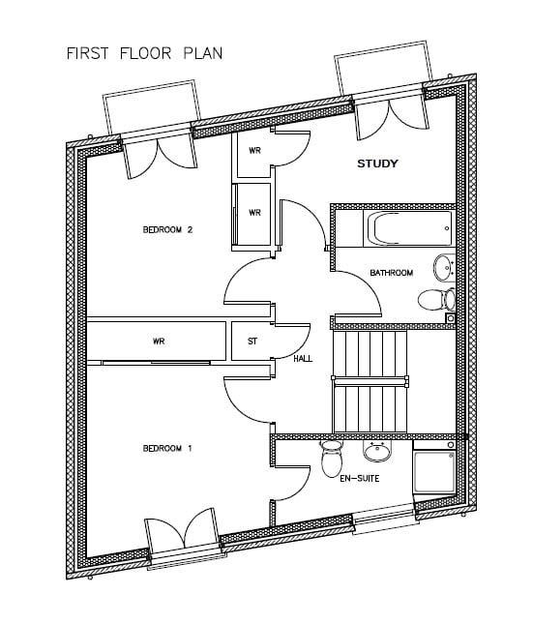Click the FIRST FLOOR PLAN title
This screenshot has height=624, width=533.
tap(144, 53)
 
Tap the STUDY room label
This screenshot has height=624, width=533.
tap(377, 163)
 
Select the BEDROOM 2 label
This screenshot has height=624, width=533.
tap(167, 229)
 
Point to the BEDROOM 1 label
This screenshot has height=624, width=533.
tap(167, 449)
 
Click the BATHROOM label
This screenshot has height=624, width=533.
tap(392, 273)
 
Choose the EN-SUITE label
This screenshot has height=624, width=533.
tap(360, 478)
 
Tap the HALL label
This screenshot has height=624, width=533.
tap(303, 359)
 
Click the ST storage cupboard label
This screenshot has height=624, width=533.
tap(252, 342)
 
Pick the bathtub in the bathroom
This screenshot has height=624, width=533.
tap(409, 229)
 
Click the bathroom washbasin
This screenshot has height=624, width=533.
tap(444, 268)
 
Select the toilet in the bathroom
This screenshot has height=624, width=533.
tap(436, 299)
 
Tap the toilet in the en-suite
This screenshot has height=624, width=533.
tap(332, 459)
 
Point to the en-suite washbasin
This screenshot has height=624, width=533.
tap(377, 451)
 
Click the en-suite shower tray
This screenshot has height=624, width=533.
tap(434, 471)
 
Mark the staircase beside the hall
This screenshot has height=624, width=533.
tap(370, 382)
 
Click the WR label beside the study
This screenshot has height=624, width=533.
tap(254, 150)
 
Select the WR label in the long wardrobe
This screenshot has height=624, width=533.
tap(159, 342)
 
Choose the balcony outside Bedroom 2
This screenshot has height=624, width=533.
tap(151, 105)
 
